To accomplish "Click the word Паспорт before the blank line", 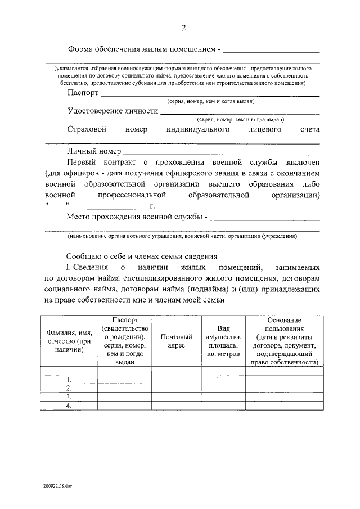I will point(83,93).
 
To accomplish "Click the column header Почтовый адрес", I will point(176,341).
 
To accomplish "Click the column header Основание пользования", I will point(285,341).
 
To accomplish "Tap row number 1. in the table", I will point(69,379).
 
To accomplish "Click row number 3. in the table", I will point(69,397).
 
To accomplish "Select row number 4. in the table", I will point(69,406).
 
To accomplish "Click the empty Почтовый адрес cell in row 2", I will point(176,388).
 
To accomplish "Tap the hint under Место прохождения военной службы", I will point(182,236).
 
